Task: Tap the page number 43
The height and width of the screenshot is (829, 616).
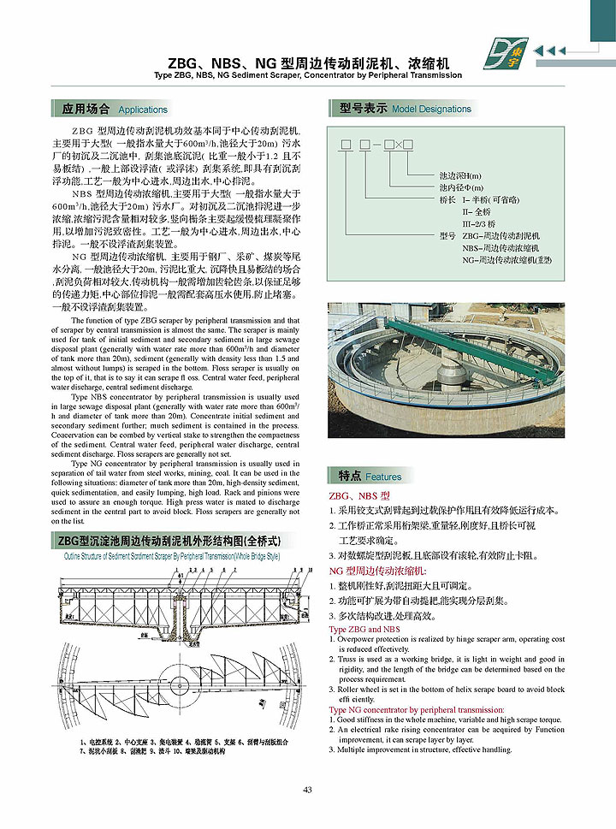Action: pyautogui.click(x=307, y=789)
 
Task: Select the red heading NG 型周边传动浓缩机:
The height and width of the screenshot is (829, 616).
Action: pyautogui.click(x=377, y=570)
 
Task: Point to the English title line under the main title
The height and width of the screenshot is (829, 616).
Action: pyautogui.click(x=307, y=75)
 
